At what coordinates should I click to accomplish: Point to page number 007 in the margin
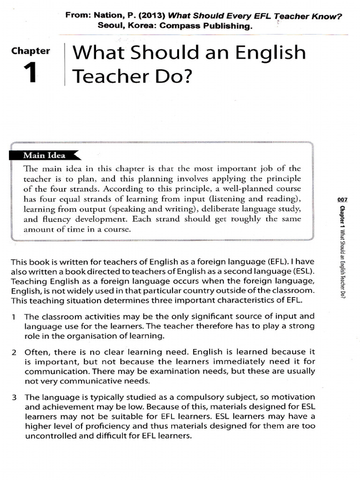(x=342, y=200)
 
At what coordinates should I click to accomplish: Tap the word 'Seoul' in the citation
(x=110, y=26)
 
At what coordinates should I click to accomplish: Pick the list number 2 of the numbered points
(x=15, y=352)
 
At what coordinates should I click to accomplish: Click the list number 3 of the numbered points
(x=15, y=397)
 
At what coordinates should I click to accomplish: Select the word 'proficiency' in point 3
(x=97, y=426)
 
